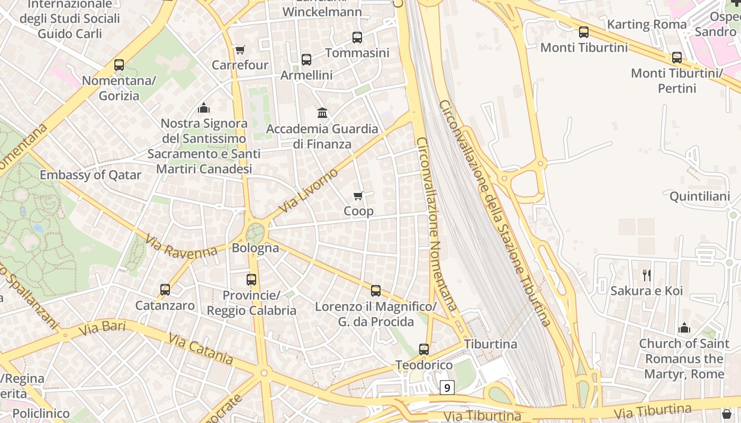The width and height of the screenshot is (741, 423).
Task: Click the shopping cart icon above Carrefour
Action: (x=240, y=50)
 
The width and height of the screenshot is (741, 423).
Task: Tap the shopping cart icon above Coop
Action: (x=358, y=196)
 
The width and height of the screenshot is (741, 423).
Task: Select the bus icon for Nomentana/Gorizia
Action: (x=119, y=65)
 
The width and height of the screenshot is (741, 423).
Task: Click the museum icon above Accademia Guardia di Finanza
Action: (x=322, y=113)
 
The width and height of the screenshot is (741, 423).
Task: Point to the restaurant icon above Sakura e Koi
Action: (x=646, y=275)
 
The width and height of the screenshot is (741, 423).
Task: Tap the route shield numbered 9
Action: (x=447, y=388)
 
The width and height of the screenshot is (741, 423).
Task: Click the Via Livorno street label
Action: (x=308, y=191)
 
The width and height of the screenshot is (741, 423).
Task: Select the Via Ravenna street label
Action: (x=181, y=247)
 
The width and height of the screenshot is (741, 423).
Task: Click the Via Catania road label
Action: (x=201, y=348)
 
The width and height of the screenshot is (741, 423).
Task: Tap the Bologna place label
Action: (x=256, y=247)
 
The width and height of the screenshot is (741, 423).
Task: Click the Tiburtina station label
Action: (x=491, y=344)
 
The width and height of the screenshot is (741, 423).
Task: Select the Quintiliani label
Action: (x=700, y=197)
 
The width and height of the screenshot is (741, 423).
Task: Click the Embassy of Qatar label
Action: (x=91, y=175)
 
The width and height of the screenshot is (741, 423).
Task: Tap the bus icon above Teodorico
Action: (x=424, y=349)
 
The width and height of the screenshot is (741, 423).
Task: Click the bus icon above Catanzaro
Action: (x=165, y=290)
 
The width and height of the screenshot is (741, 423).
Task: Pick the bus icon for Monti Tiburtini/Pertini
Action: (x=677, y=58)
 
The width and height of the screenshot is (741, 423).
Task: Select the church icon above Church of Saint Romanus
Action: (x=684, y=328)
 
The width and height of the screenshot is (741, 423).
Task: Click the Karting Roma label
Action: (x=647, y=24)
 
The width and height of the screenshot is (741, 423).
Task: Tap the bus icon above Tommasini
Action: (x=357, y=38)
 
